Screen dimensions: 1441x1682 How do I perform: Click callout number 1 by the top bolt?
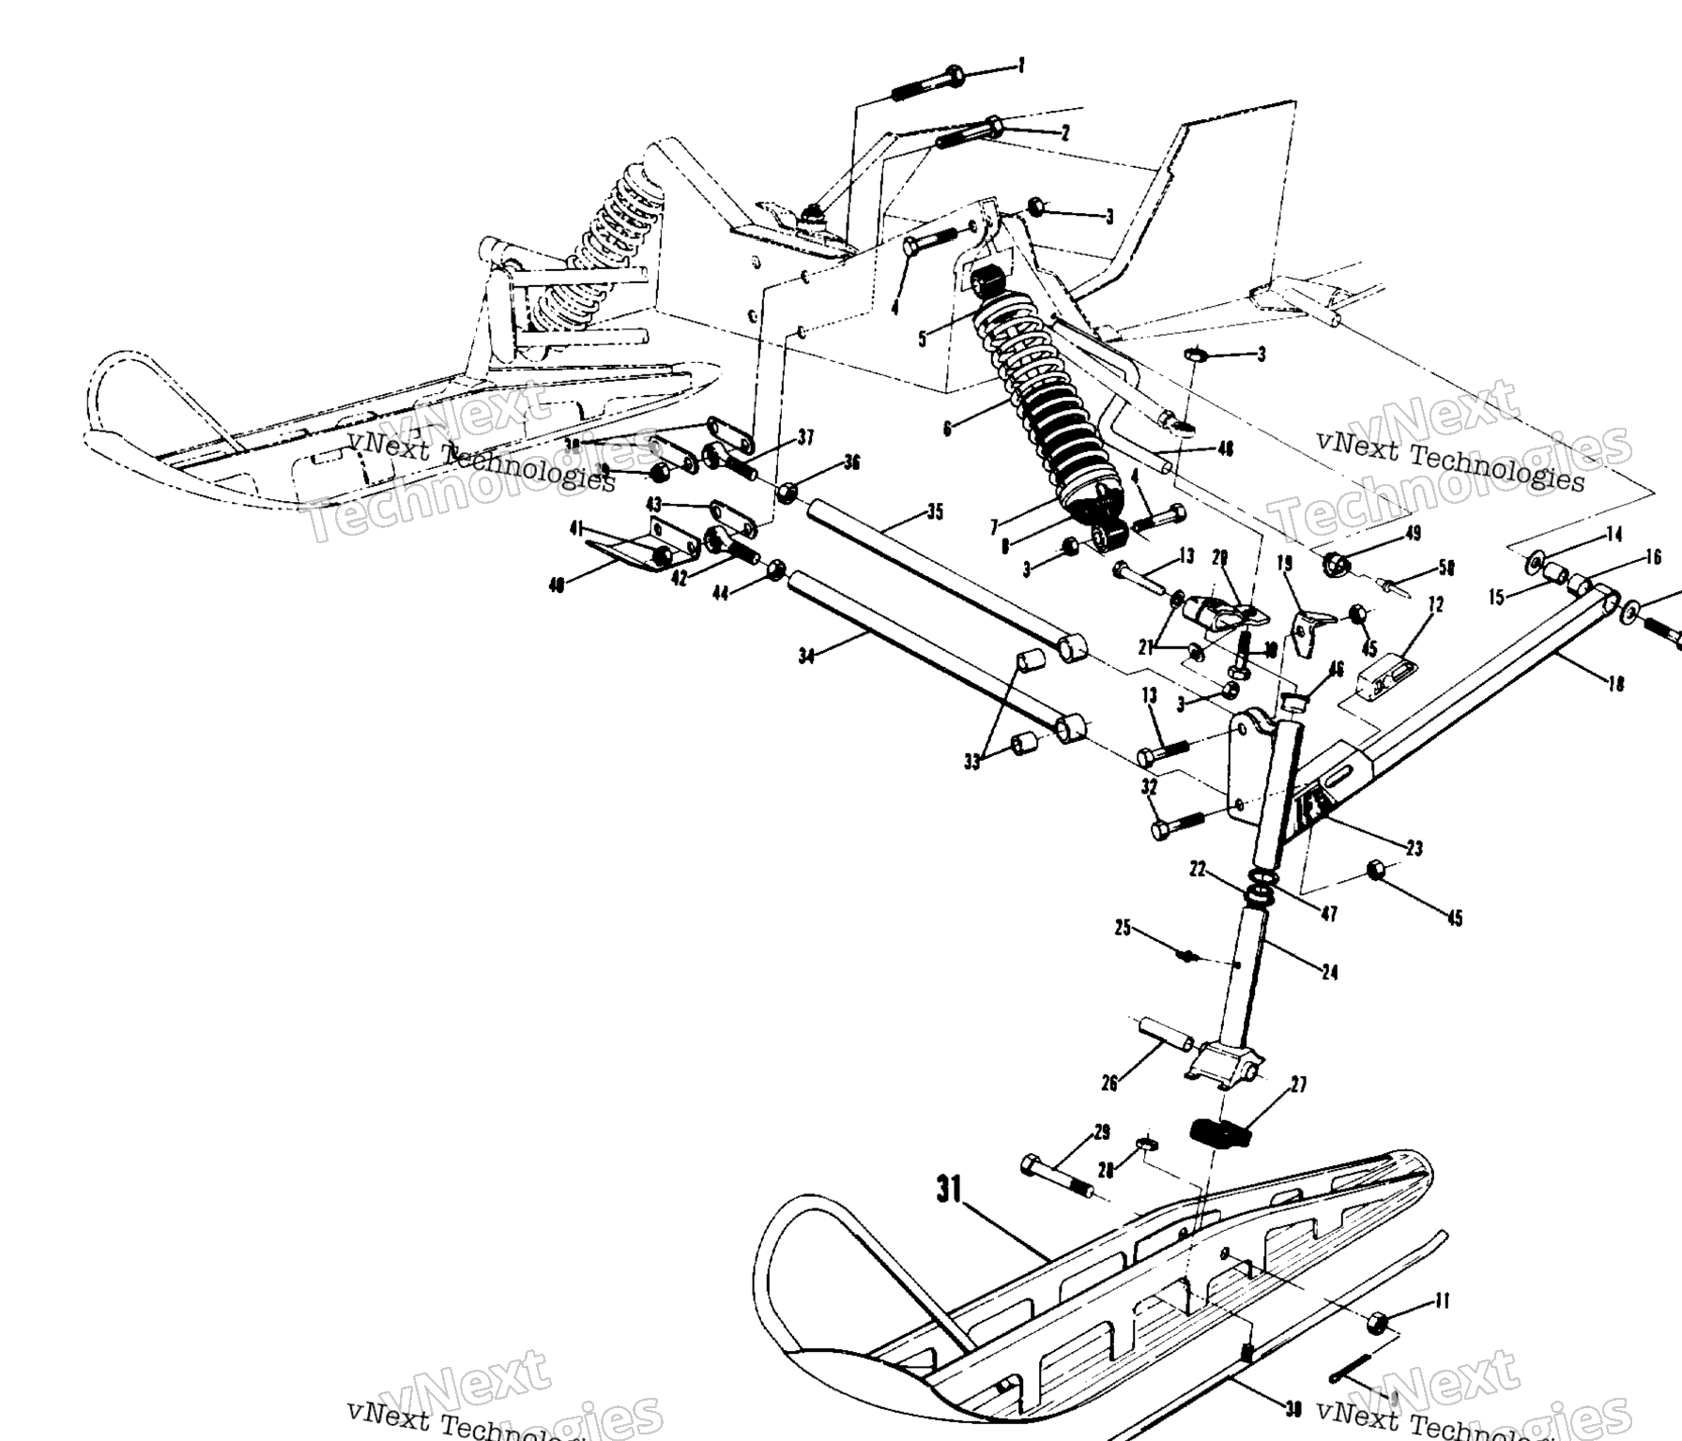pyautogui.click(x=1021, y=65)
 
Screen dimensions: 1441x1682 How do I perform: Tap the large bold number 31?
pyautogui.click(x=950, y=1191)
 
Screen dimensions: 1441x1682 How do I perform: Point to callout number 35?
pyautogui.click(x=935, y=512)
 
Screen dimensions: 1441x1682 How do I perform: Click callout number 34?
pyautogui.click(x=806, y=656)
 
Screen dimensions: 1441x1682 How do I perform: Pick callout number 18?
pyautogui.click(x=1615, y=684)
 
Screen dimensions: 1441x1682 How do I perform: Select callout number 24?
pyautogui.click(x=1329, y=972)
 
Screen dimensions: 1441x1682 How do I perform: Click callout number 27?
pyautogui.click(x=1298, y=1085)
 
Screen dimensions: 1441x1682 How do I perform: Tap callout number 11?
pyautogui.click(x=1443, y=1300)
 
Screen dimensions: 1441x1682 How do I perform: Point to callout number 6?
pyautogui.click(x=948, y=429)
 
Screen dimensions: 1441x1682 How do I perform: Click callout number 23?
pyautogui.click(x=1414, y=848)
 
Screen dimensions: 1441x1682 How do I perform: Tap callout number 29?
pyautogui.click(x=1102, y=1132)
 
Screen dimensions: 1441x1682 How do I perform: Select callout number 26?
pyautogui.click(x=1109, y=1084)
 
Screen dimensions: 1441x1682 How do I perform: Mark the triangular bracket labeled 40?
pyautogui.click(x=624, y=558)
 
